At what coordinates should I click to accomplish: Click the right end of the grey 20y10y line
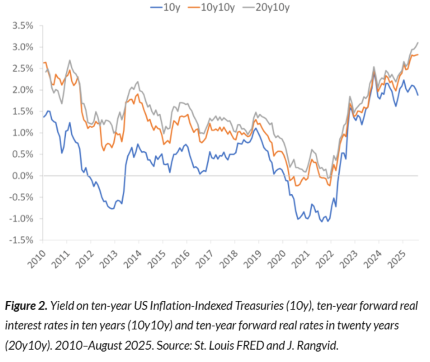click(418, 42)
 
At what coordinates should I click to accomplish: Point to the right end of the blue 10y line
click(418, 95)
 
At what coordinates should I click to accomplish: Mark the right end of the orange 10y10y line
click(418, 54)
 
